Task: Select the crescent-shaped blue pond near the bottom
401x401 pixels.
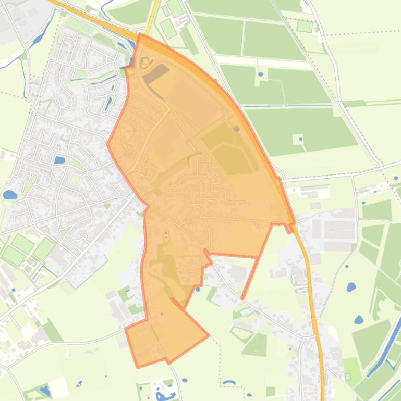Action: [228, 383]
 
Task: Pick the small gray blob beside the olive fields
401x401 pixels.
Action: [236, 129]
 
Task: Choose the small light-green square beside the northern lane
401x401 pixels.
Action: [304, 26]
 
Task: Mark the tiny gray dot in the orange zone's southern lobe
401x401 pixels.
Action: [162, 314]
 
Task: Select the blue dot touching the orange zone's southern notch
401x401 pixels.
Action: [198, 289]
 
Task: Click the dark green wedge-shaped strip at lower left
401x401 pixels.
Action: [52, 331]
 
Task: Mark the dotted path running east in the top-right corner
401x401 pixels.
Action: [360, 33]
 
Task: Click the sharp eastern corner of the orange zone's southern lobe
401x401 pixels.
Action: [209, 335]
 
